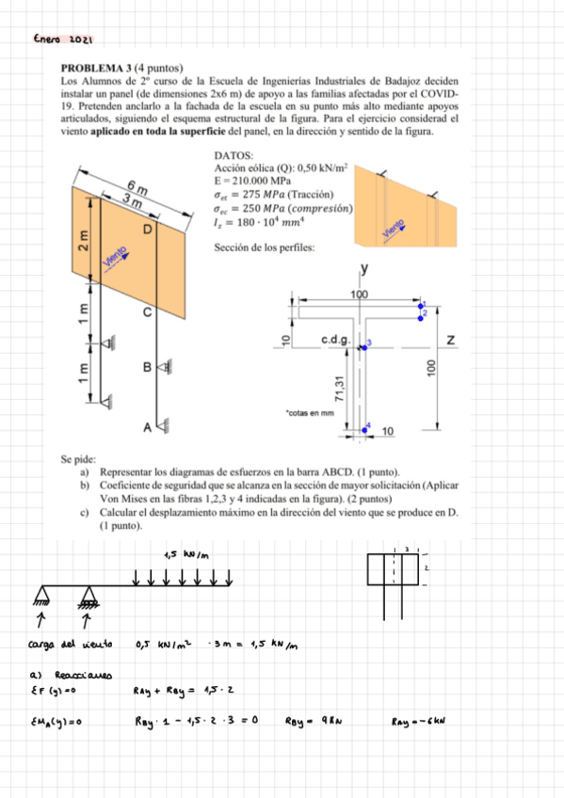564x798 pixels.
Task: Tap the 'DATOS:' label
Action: pos(233,154)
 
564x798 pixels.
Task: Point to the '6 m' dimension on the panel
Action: pos(137,186)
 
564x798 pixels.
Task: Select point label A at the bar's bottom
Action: pos(147,428)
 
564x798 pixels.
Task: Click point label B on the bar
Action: pos(147,366)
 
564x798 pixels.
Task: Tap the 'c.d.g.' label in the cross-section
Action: pos(336,339)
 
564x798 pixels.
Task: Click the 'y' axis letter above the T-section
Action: pos(364,270)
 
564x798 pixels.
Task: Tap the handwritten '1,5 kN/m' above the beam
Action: pos(185,554)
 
